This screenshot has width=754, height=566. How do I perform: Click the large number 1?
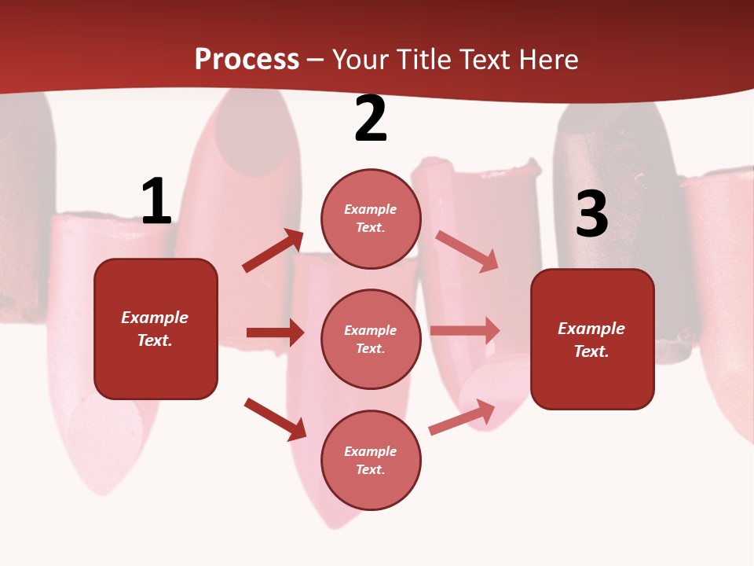click(x=156, y=202)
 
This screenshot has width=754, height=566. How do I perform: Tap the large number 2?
click(x=371, y=119)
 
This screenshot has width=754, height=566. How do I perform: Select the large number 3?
click(x=591, y=214)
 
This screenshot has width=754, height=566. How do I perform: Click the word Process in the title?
click(x=247, y=60)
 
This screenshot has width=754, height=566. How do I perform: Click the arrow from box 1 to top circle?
click(x=273, y=250)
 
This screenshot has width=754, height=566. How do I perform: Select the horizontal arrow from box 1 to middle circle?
click(x=275, y=333)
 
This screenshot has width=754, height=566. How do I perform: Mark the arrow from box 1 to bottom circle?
click(x=275, y=419)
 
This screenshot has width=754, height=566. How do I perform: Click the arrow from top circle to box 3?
click(x=467, y=251)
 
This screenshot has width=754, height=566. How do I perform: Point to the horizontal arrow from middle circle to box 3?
click(x=465, y=330)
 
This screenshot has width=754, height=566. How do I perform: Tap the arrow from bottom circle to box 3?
click(x=462, y=417)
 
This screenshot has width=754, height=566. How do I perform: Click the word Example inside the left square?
click(x=155, y=318)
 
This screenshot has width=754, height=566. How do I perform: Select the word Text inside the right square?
click(x=591, y=351)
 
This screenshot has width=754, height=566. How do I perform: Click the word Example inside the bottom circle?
click(x=371, y=451)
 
